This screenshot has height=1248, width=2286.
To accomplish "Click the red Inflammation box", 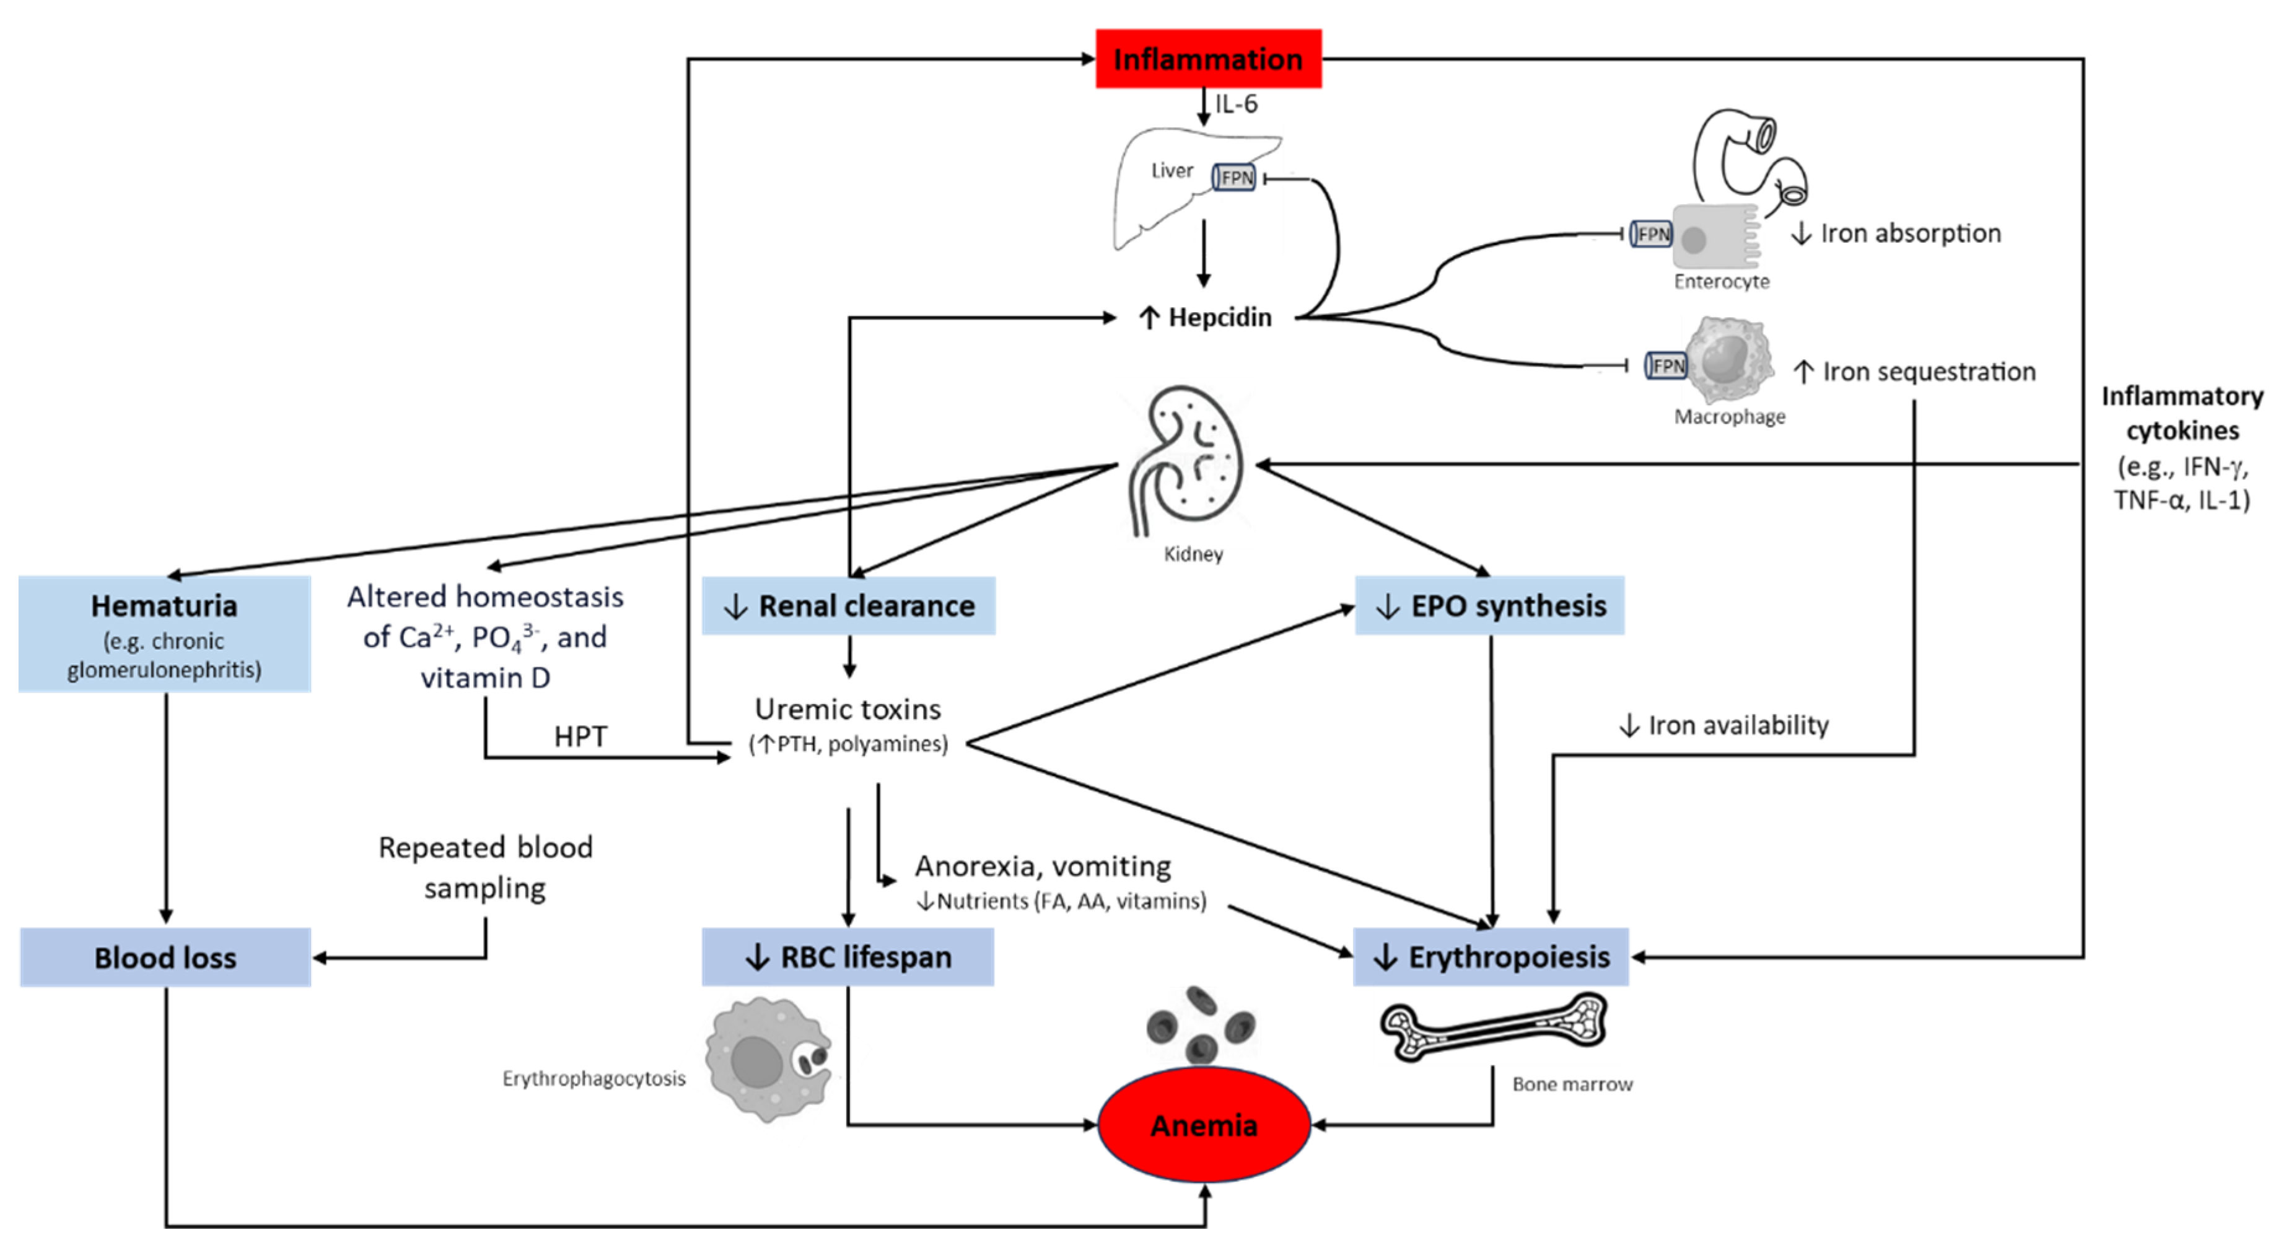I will point(1208,59).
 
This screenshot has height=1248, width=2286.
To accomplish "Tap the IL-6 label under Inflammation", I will point(1236,104).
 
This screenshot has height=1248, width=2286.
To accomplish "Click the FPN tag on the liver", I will point(1235,177).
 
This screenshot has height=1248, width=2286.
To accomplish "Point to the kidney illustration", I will point(1188,461).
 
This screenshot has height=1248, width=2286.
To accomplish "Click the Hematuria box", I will point(164,634).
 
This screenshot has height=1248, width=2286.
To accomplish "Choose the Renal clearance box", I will point(848,606).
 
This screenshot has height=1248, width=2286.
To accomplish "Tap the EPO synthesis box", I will point(1490,606).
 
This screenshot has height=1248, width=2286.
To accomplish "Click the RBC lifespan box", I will point(848,957).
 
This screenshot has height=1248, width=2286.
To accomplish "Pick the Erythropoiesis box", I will point(1491,957).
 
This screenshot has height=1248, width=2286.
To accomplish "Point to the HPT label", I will point(580,736).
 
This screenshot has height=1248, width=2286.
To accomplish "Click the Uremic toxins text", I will point(847,710).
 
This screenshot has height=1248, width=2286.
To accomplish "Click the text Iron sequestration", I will point(1917,372).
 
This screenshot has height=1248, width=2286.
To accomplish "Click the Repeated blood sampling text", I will point(486,868).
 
